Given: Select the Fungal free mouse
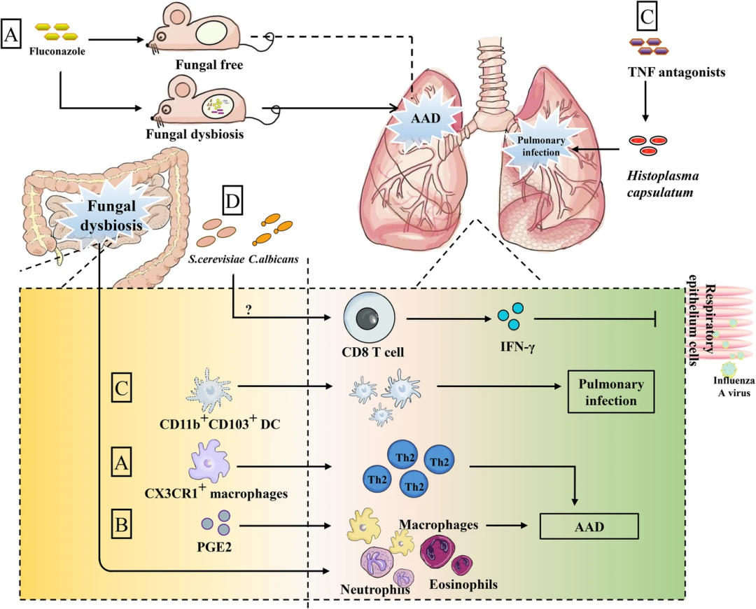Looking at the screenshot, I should [199, 35].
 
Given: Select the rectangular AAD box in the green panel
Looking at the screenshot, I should [589, 526].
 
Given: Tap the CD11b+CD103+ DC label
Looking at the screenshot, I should [218, 421].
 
